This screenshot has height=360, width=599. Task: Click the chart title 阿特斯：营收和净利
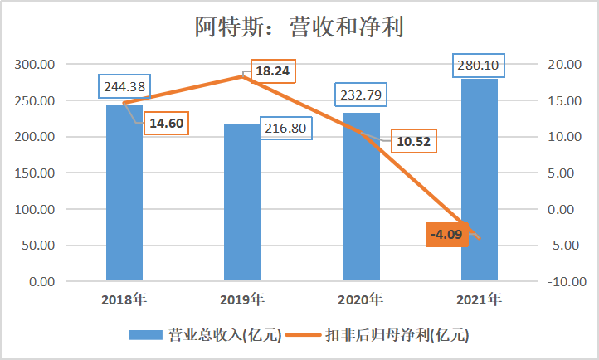299,28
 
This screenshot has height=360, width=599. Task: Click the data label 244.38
124,87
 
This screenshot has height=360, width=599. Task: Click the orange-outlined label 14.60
168,125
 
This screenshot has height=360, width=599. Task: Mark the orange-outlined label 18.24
272,71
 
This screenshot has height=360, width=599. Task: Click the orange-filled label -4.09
449,235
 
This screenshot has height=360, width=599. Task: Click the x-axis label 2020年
361,299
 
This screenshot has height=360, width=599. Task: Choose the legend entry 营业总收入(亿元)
206,335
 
